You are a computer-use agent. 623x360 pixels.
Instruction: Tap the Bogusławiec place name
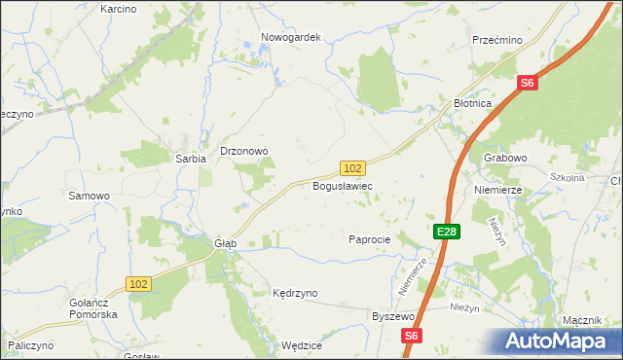pos(342,185)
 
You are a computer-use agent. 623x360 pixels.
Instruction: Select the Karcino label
pos(119,8)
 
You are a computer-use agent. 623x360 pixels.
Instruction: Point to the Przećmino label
pos(497,39)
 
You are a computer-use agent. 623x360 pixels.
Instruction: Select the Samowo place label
pos(89,196)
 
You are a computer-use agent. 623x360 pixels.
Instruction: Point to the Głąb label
pos(225,243)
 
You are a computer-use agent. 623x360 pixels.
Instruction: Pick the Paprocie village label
pos(369,239)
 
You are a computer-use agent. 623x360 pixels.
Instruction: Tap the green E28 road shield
pos(446,231)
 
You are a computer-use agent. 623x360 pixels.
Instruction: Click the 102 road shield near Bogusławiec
pos(352,168)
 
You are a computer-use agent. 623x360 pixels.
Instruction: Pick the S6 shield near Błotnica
pos(527,84)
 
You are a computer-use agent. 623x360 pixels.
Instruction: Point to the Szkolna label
pos(566,177)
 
